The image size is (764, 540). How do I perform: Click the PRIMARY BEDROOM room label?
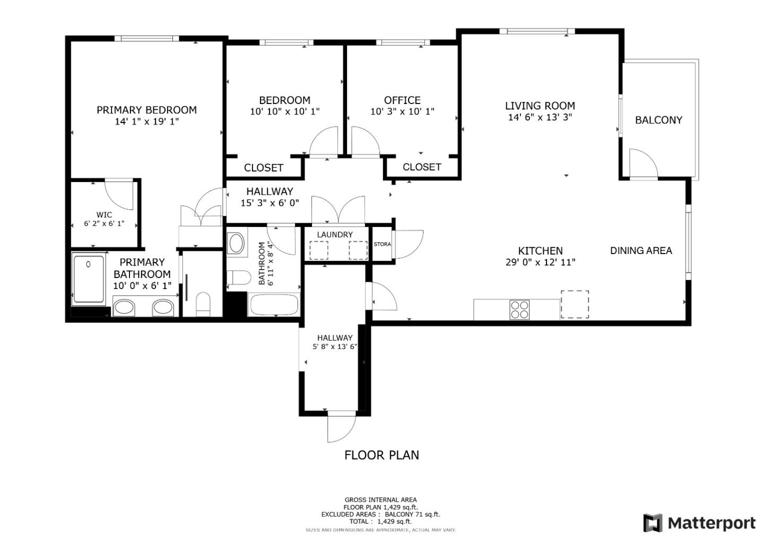[x=146, y=110]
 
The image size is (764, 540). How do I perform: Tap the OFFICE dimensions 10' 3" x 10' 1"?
[x=402, y=112]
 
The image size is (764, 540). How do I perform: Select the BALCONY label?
[x=658, y=120]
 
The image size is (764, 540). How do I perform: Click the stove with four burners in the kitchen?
[x=519, y=309]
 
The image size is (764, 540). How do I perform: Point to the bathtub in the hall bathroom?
[x=274, y=305]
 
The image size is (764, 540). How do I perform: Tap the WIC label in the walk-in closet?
[x=104, y=215]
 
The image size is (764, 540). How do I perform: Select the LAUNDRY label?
[x=335, y=234]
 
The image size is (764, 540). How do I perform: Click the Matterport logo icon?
[x=653, y=523]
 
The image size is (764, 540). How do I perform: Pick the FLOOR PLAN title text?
[x=381, y=455]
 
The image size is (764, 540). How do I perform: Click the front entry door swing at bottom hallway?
[x=341, y=427]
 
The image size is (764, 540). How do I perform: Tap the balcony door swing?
[x=643, y=164]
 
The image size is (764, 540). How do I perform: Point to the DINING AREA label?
[x=641, y=250]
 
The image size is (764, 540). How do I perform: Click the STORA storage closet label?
[x=382, y=245]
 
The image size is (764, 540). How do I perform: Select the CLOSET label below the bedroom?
[x=263, y=168]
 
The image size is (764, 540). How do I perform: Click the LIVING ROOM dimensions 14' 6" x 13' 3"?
[x=540, y=117]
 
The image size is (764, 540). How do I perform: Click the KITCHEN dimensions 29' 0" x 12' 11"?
[x=540, y=262]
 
